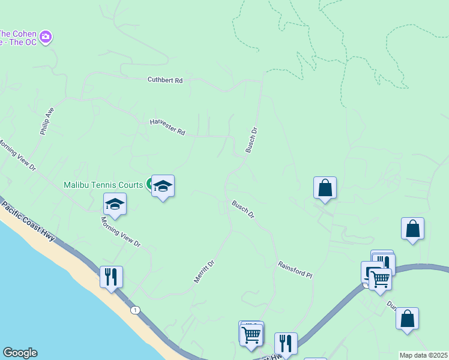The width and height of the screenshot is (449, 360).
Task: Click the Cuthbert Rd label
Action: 165,80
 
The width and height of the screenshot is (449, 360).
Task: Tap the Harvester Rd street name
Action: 167,127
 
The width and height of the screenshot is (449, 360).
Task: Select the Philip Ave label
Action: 47,121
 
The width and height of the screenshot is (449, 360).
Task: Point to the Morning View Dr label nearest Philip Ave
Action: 17,156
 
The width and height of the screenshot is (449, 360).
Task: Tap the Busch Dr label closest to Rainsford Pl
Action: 244,210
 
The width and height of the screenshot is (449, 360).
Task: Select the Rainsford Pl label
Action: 295,269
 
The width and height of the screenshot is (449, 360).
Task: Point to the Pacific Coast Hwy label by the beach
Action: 28,221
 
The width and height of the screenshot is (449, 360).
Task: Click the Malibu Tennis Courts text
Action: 103,185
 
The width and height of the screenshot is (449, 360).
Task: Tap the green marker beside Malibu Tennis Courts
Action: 149,184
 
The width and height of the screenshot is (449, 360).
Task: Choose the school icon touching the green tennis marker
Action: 163,186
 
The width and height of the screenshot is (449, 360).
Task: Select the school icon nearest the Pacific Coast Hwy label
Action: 115,204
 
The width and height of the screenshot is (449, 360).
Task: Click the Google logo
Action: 20,353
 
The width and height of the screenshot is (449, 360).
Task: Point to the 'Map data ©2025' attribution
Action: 424,355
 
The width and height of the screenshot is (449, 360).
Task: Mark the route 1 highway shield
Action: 136,310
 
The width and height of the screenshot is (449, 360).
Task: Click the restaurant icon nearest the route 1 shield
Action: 111,277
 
